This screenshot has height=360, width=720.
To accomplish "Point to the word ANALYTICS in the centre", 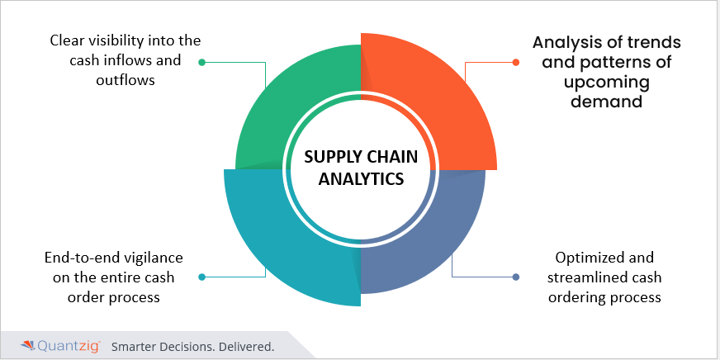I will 360,178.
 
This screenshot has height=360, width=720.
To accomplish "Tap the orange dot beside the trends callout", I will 516,62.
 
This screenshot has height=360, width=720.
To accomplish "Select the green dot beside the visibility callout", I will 202,62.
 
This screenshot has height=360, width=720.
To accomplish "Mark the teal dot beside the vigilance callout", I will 202,277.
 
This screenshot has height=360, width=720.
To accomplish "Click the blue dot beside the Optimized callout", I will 516,277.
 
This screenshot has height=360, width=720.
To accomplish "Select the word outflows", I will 125,80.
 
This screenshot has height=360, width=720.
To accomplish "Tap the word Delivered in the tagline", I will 246,346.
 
